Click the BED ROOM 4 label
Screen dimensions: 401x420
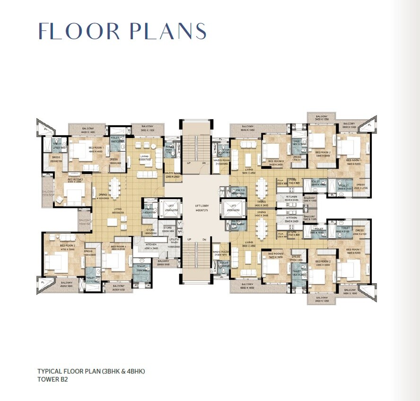pos(117,247)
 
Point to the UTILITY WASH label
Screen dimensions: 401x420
pos(174,241)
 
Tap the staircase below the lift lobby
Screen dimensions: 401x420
pos(196,265)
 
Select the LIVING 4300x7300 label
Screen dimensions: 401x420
pos(144,157)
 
